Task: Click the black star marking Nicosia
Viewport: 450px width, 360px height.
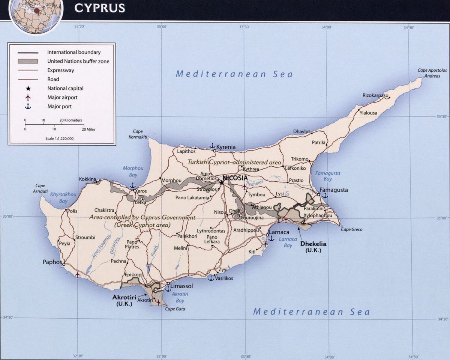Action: pos(222,183)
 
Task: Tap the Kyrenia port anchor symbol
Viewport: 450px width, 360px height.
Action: pos(212,146)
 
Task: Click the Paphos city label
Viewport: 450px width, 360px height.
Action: pos(52,262)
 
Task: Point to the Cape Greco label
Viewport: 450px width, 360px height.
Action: pos(352,229)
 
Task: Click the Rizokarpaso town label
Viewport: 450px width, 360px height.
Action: pos(375,95)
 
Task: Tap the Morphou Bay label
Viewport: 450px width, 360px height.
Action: pos(130,172)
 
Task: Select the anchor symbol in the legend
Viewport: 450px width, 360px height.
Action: pos(27,107)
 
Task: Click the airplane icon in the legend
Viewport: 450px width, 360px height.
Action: pos(27,98)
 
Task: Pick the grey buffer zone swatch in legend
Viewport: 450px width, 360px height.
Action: pos(27,61)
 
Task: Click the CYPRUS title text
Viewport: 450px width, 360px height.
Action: pos(99,8)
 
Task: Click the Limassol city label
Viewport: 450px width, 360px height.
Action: pos(182,286)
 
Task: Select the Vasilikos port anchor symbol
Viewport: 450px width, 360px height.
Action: pos(211,278)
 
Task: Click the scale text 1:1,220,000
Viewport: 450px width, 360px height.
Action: pos(59,139)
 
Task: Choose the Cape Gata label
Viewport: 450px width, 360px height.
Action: pos(175,309)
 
